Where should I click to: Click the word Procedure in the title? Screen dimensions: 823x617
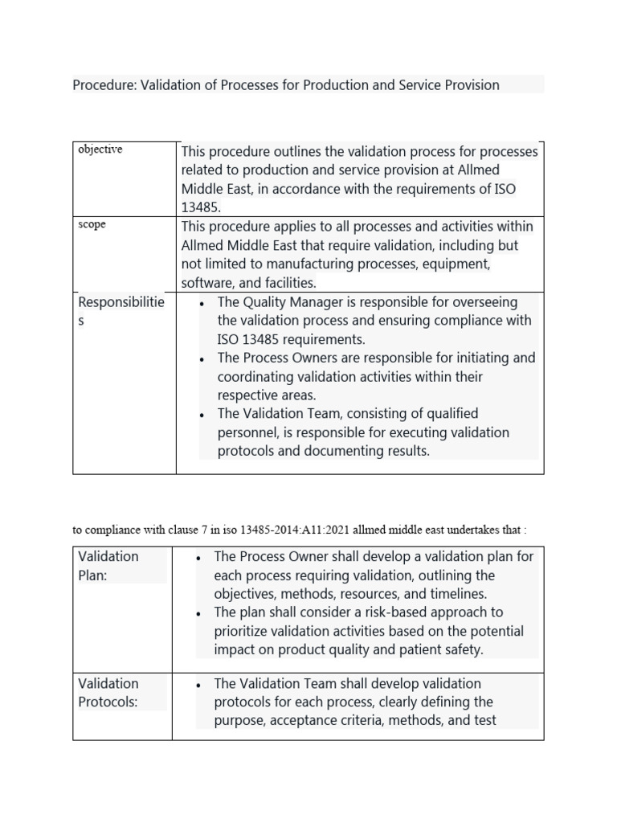(104, 85)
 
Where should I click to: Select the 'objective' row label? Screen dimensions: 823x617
(100, 150)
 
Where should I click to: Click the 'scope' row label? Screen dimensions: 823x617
(92, 225)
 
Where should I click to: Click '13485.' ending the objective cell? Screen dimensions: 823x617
(201, 207)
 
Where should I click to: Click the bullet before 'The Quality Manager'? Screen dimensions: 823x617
(200, 303)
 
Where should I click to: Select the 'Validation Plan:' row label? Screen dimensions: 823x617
(108, 566)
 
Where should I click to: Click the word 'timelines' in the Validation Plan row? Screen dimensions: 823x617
(457, 594)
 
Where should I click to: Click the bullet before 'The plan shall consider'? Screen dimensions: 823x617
(197, 613)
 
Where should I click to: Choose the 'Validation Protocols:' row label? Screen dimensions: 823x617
(108, 692)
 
